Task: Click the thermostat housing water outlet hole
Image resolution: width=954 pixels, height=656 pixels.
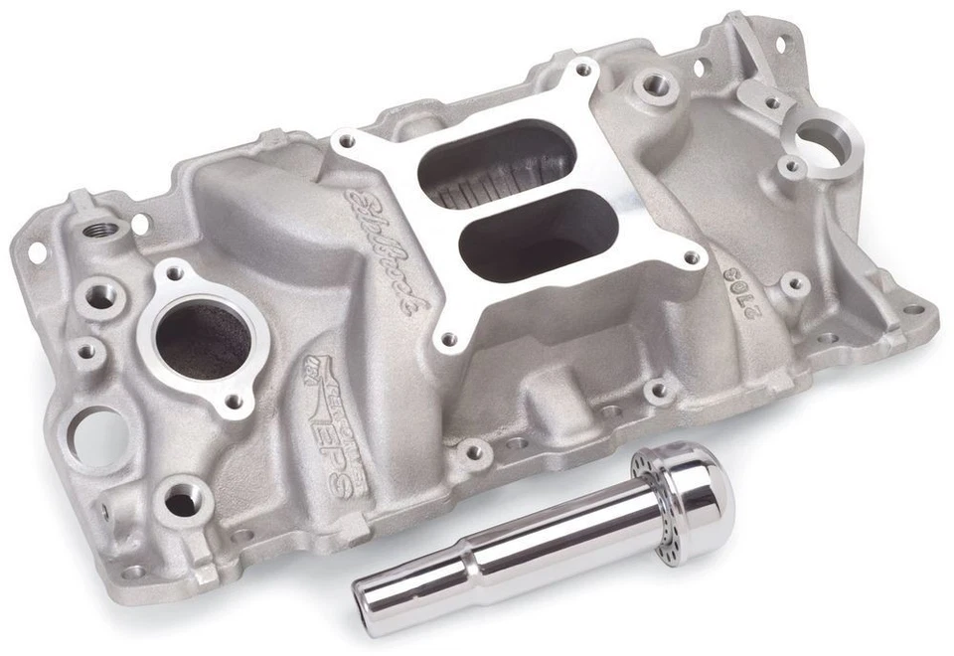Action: click(x=203, y=339)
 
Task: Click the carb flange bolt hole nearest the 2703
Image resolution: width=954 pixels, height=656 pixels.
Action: click(x=690, y=258)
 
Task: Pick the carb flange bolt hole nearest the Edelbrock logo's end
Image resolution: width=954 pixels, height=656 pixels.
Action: click(x=448, y=339)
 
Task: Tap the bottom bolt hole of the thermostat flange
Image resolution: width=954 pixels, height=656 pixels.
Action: click(x=235, y=401)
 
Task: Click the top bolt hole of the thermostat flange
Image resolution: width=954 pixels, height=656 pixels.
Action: click(x=177, y=271)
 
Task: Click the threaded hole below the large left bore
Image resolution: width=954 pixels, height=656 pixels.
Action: click(x=182, y=501)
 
